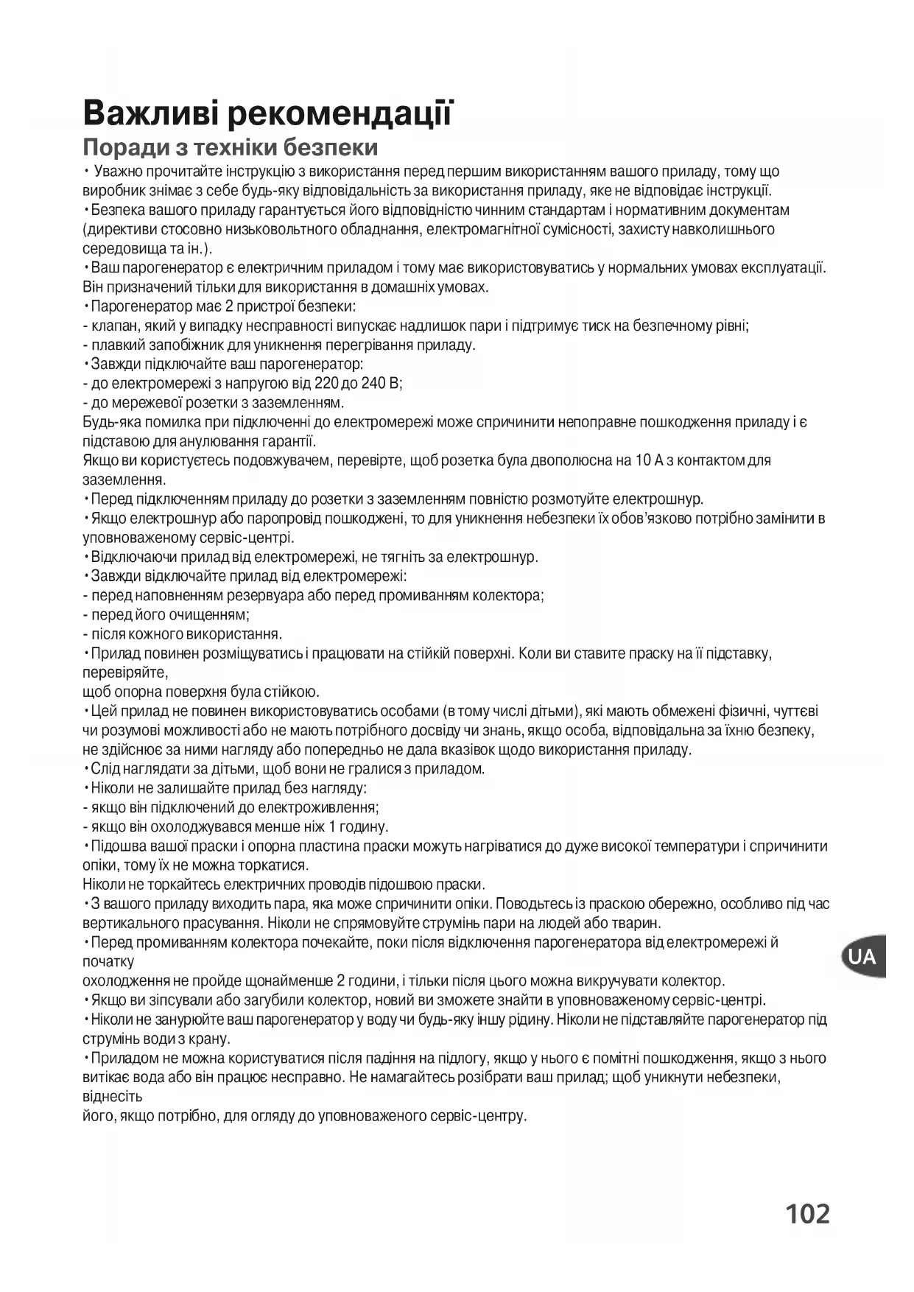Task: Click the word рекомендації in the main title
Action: pyautogui.click(x=340, y=113)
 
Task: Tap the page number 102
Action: pyautogui.click(x=807, y=1213)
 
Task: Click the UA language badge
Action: pyautogui.click(x=862, y=957)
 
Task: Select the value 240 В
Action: pyautogui.click(x=381, y=384)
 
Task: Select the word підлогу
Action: pyautogui.click(x=459, y=1058)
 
